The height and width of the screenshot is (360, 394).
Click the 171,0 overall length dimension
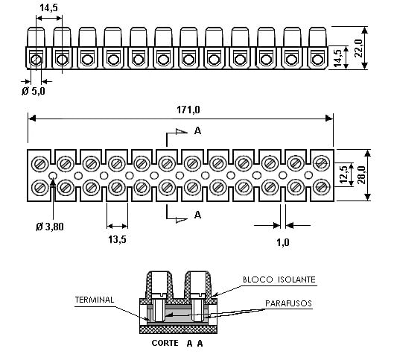188,110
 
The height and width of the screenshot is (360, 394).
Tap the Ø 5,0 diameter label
34,91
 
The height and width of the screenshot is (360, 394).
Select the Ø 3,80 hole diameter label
50,227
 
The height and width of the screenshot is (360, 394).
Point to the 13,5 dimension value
117,239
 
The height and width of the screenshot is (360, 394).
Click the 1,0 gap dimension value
283,242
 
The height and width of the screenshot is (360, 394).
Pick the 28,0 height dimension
363,174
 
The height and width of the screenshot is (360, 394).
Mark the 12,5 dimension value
343,174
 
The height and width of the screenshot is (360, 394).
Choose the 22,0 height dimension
358,48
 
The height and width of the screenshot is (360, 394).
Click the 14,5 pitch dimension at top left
48,7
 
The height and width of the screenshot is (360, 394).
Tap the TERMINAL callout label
95,300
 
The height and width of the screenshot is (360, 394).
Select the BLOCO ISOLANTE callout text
279,280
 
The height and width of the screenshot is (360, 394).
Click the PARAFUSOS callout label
288,303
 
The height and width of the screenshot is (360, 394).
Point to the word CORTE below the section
165,343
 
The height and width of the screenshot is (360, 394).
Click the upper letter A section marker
198,130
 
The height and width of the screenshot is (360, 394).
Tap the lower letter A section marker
198,215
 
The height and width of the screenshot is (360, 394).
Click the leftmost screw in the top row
40,164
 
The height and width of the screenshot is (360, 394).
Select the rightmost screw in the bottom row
320,187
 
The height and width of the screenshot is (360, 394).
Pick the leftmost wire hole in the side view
36,60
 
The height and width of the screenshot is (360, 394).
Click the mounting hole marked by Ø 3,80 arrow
53,175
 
